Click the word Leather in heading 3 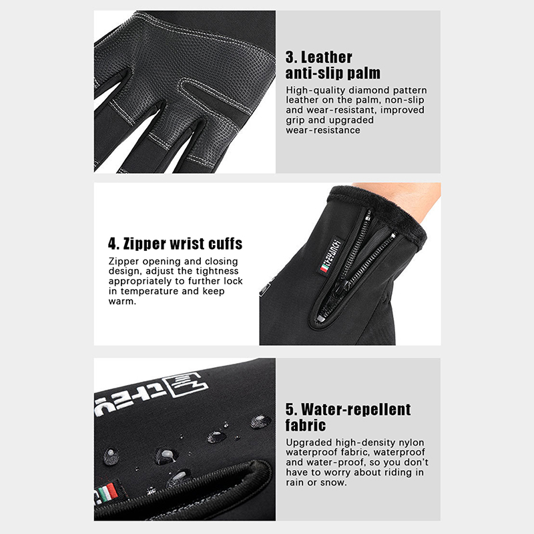pos(326,57)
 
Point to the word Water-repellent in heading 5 pos(356,410)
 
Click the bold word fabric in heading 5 pos(306,425)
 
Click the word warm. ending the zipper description pos(122,302)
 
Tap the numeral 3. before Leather pos(290,57)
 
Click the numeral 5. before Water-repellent pos(291,410)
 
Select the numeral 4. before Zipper pos(113,244)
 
